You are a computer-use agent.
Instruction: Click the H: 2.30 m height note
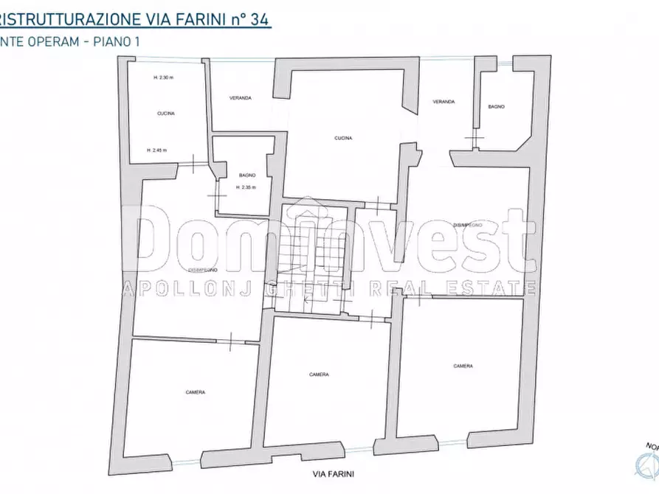(x=162, y=78)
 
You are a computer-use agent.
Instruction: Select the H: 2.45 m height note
(x=156, y=150)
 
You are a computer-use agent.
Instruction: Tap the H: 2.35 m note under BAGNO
(x=246, y=187)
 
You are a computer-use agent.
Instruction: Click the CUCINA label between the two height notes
(x=165, y=114)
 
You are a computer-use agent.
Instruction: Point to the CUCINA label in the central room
(x=342, y=138)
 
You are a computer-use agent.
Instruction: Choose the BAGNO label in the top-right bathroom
(x=496, y=108)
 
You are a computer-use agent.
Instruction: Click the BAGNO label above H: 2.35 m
(x=247, y=175)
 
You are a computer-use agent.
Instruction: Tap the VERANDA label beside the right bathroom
(x=444, y=101)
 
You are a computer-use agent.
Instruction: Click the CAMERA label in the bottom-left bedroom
(x=196, y=392)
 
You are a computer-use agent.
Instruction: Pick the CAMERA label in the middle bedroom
(x=320, y=375)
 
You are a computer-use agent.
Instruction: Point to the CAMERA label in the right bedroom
(x=463, y=366)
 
